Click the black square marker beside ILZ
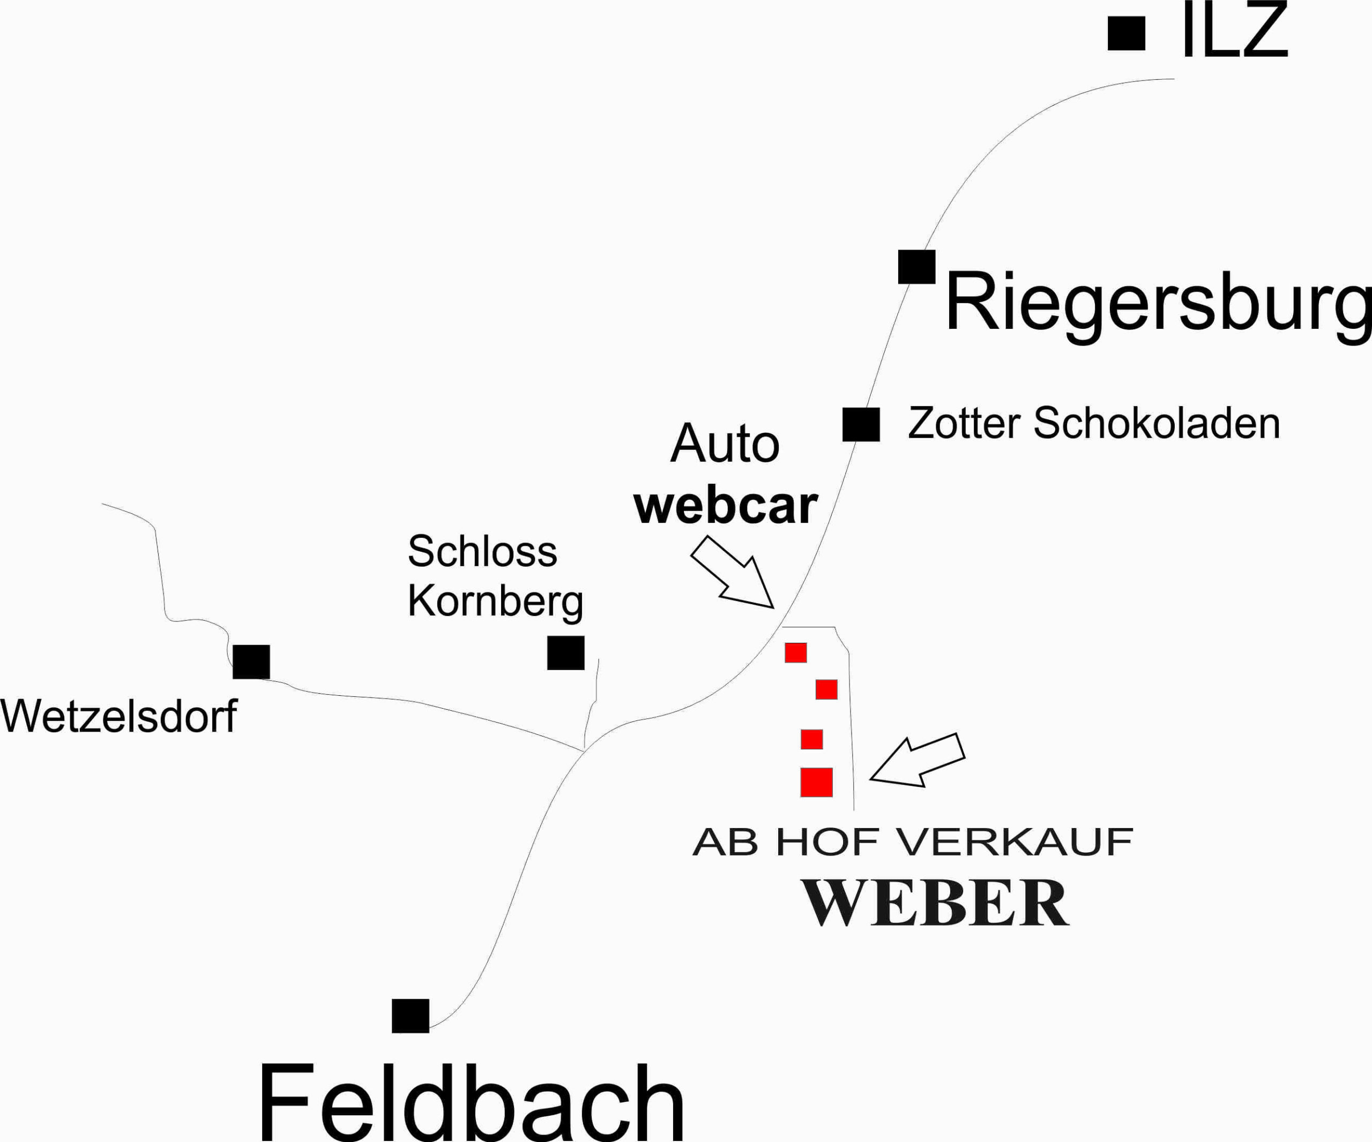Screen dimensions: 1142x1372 pos(1127,33)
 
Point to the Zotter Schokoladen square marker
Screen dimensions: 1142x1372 pos(861,424)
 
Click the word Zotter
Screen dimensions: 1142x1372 pos(964,423)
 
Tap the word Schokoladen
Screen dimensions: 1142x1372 pos(1157,423)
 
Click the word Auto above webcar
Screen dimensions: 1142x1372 pos(725,444)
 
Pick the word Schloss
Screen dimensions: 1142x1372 pos(482,552)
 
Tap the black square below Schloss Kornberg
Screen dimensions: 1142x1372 pos(566,653)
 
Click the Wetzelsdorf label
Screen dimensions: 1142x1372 pos(119,716)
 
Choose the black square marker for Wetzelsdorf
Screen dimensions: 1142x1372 pos(251,662)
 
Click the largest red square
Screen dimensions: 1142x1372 pos(817,782)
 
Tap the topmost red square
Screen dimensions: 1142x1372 pos(796,653)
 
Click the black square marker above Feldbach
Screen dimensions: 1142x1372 pos(411,1016)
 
